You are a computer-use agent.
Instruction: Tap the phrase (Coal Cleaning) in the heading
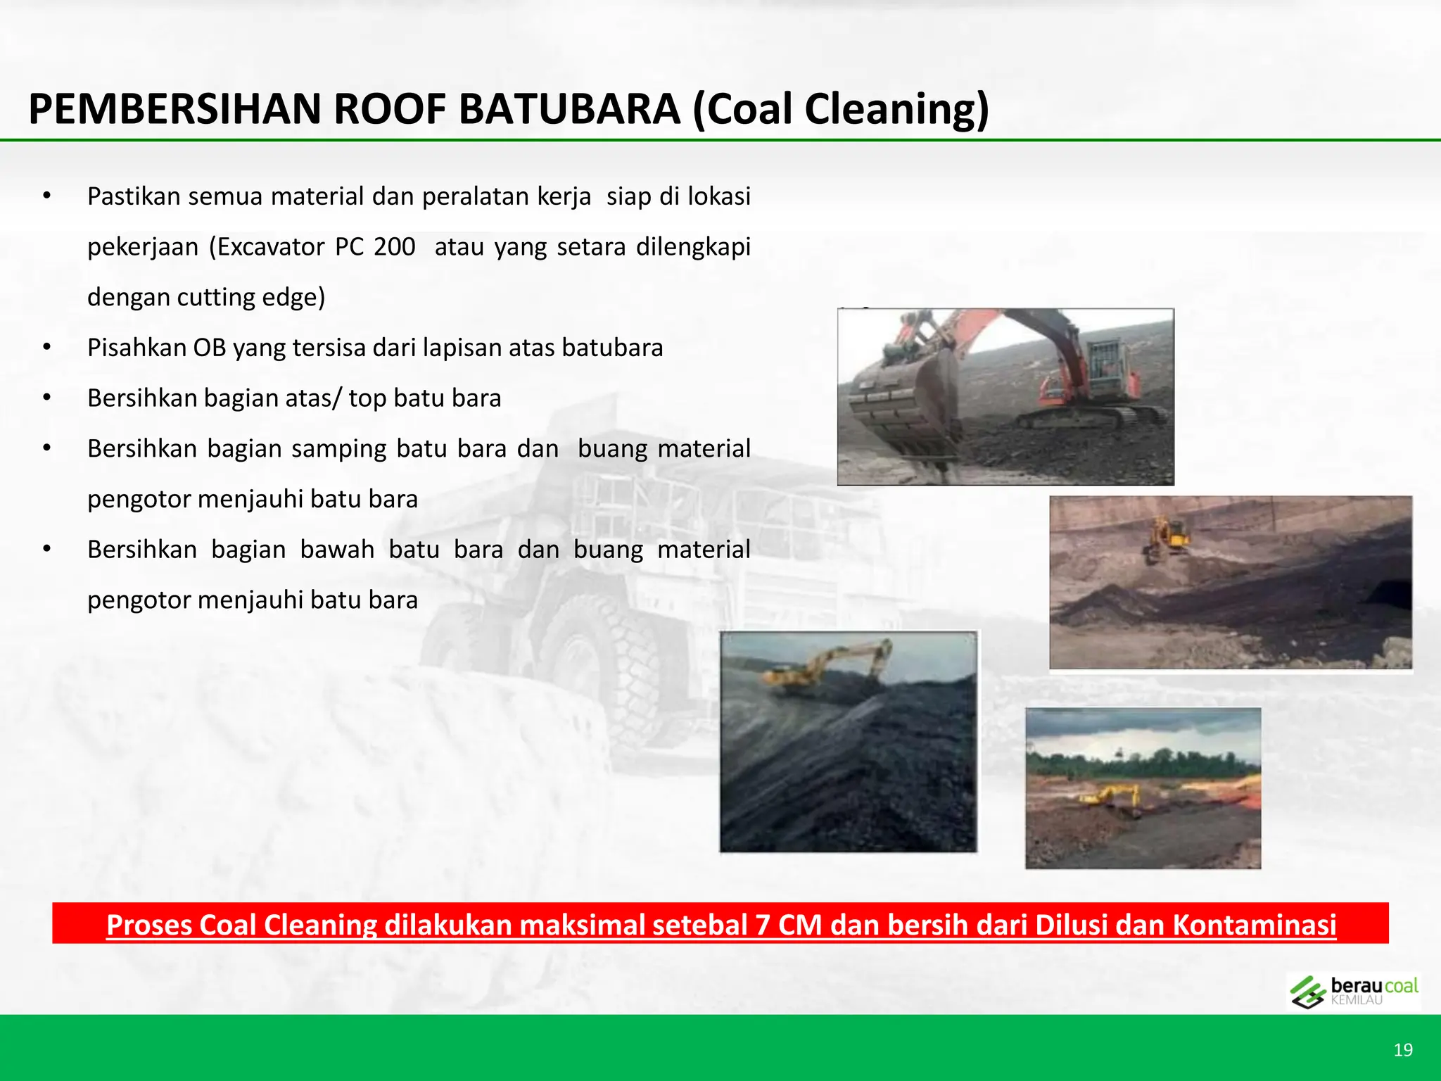click(x=841, y=110)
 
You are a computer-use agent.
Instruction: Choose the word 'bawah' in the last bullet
click(x=337, y=550)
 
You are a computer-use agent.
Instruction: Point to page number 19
click(x=1402, y=1050)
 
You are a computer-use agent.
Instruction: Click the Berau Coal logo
click(x=1352, y=992)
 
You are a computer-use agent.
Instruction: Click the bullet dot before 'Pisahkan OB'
click(x=46, y=348)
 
